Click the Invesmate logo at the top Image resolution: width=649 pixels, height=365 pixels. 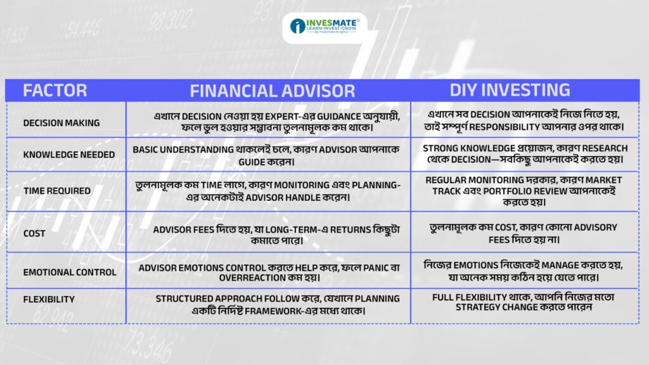coord(324,27)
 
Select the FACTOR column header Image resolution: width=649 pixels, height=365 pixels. coord(55,91)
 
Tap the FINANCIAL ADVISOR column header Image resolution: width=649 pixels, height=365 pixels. coord(273,91)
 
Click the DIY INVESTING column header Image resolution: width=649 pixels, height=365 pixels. coord(510,90)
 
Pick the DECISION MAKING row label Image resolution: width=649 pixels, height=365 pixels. coord(61,123)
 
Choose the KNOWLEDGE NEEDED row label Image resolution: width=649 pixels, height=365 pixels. coord(68,155)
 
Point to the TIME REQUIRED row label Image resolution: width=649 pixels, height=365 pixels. coord(56,191)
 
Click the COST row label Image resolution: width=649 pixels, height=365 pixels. coord(34,233)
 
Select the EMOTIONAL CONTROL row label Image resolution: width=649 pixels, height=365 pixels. coord(70,272)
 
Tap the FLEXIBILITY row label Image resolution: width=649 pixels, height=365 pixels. coord(49,299)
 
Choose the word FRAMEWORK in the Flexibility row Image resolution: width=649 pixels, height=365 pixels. coord(274,311)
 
